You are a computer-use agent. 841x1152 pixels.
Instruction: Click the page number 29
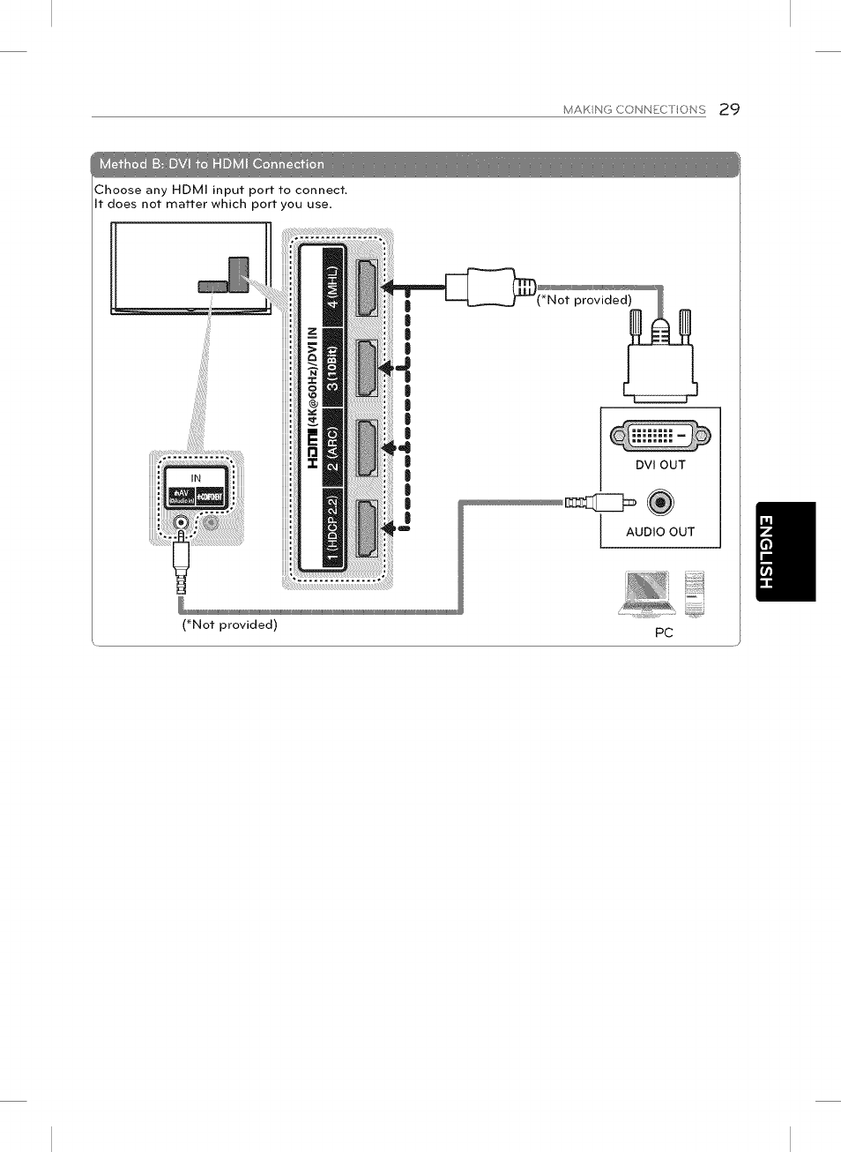point(729,109)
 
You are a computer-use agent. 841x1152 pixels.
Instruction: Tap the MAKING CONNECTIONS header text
point(634,110)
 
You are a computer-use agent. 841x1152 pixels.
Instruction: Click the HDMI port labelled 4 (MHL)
point(367,288)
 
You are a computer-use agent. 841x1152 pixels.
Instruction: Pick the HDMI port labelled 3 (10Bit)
point(367,367)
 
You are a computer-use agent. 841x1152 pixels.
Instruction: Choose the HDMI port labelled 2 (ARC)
point(367,447)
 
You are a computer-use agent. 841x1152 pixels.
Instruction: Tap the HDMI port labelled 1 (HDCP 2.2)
point(367,527)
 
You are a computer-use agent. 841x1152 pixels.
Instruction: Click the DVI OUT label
point(660,465)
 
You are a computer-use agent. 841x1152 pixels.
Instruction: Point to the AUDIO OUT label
point(660,532)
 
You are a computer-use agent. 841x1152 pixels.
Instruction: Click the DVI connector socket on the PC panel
point(660,435)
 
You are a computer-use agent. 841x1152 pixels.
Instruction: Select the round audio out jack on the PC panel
point(660,502)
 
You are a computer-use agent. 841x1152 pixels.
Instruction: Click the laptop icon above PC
point(646,592)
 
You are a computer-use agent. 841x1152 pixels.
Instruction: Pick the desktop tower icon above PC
point(695,593)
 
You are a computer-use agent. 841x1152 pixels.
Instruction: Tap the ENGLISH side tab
point(785,551)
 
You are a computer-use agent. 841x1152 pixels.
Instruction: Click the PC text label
point(664,632)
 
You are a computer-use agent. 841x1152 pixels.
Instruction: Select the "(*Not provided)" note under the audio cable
point(229,625)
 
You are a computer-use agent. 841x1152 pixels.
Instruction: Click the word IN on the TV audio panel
point(196,477)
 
